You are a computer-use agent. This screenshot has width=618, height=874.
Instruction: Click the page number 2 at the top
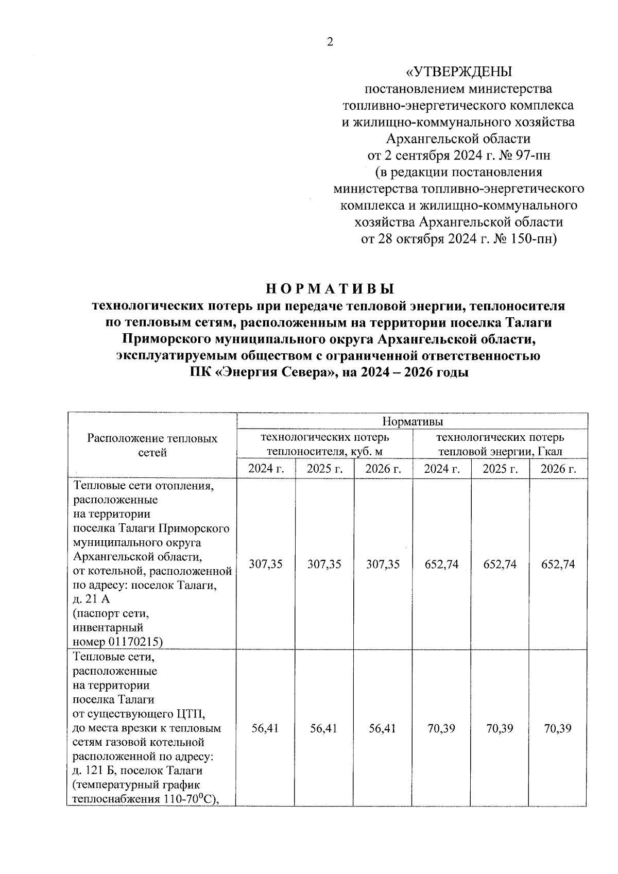[330, 42]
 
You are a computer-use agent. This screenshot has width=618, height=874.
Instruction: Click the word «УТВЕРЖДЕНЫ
[459, 72]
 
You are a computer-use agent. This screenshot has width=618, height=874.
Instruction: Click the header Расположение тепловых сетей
[152, 445]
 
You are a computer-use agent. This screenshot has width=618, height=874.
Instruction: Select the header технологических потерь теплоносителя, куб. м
[325, 444]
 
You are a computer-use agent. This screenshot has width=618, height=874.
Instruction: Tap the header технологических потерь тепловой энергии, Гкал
[500, 444]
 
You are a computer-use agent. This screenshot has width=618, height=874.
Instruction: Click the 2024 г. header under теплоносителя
[266, 469]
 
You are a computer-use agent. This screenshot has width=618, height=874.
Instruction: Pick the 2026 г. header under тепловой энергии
[558, 469]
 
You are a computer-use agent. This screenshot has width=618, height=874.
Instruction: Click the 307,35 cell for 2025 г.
[324, 564]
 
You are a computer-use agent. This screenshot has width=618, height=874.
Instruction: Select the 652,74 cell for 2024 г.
[441, 564]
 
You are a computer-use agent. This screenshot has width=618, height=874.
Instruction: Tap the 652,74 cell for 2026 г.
[558, 564]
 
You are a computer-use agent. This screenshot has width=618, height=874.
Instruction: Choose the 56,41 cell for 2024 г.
[266, 729]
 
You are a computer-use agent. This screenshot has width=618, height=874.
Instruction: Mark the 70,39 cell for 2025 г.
[500, 729]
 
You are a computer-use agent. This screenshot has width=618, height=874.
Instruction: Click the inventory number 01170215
[135, 642]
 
